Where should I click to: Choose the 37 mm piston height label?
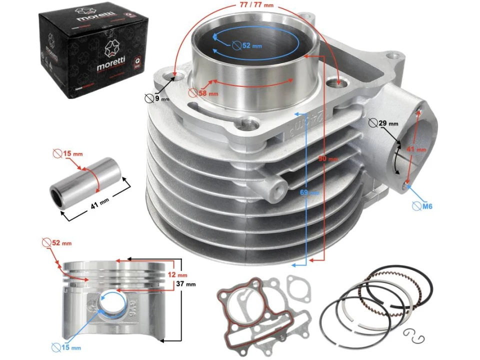[x=185, y=284]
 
